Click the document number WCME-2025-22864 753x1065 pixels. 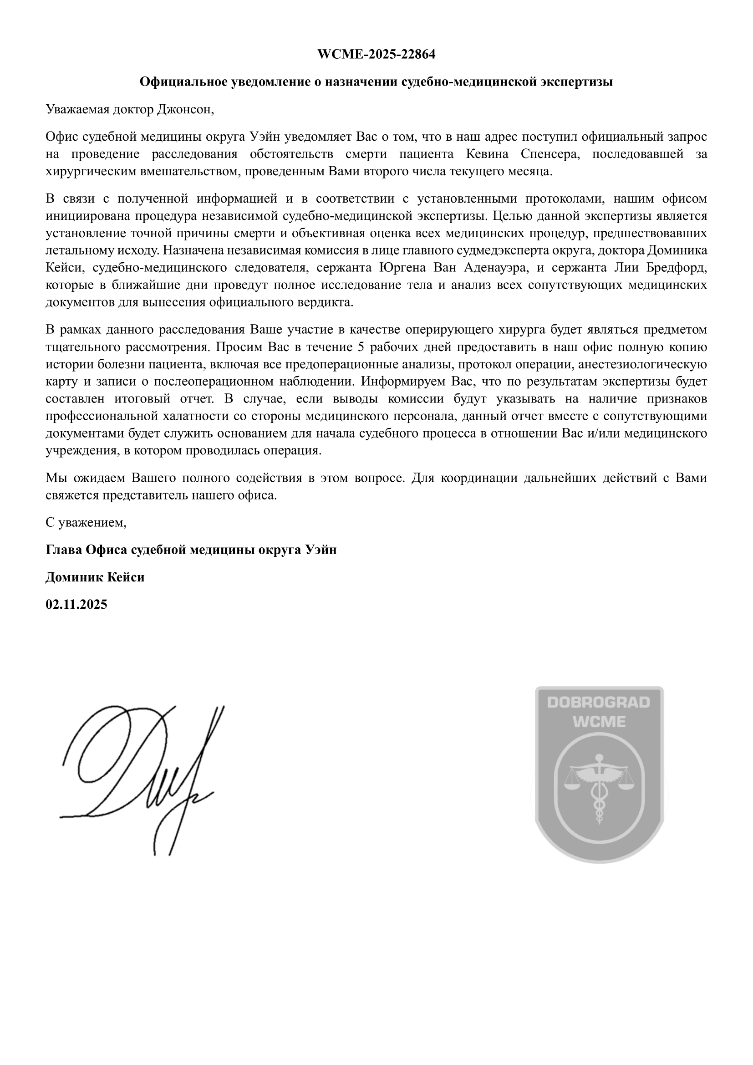376,55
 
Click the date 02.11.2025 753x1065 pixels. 76,604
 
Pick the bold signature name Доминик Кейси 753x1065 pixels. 95,577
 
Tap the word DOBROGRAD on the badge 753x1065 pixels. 599,702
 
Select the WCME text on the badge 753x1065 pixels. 599,722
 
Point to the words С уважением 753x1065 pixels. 86,523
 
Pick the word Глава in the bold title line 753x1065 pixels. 64,550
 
